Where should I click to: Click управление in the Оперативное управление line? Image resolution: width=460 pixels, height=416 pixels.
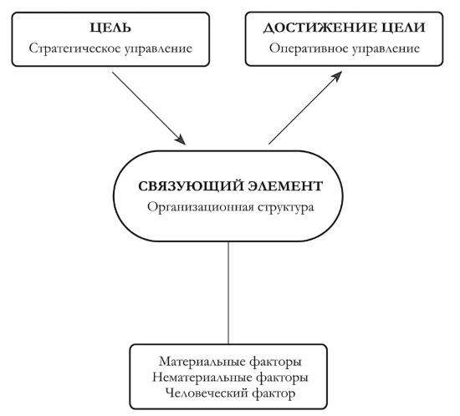coord(376,48)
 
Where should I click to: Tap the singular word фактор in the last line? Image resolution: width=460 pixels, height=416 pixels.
coord(273,392)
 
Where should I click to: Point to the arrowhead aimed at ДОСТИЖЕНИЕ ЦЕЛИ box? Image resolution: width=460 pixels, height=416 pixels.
coord(336,77)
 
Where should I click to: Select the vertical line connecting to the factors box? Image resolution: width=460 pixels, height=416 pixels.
coord(229,292)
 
